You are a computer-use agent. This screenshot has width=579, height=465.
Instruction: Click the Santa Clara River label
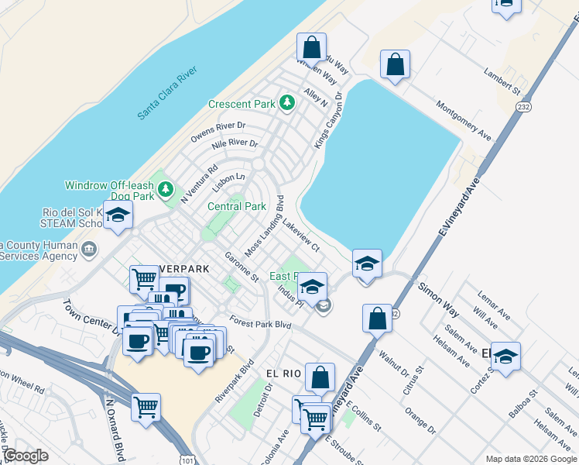pyautogui.click(x=168, y=93)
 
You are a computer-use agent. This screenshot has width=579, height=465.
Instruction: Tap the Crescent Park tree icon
pyautogui.click(x=287, y=103)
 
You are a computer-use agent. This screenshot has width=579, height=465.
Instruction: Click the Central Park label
pyautogui.click(x=237, y=207)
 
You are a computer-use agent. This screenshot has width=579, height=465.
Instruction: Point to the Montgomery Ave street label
pyautogui.click(x=463, y=120)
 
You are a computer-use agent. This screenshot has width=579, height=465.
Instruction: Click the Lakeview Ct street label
pyautogui.click(x=301, y=235)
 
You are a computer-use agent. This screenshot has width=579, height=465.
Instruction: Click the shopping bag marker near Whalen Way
pyautogui.click(x=311, y=47)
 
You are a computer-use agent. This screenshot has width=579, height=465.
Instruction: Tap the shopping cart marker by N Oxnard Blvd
pyautogui.click(x=146, y=406)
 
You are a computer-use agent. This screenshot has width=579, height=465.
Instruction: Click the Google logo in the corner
pyautogui.click(x=26, y=456)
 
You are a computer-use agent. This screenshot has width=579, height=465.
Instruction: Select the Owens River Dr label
pyautogui.click(x=218, y=130)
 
